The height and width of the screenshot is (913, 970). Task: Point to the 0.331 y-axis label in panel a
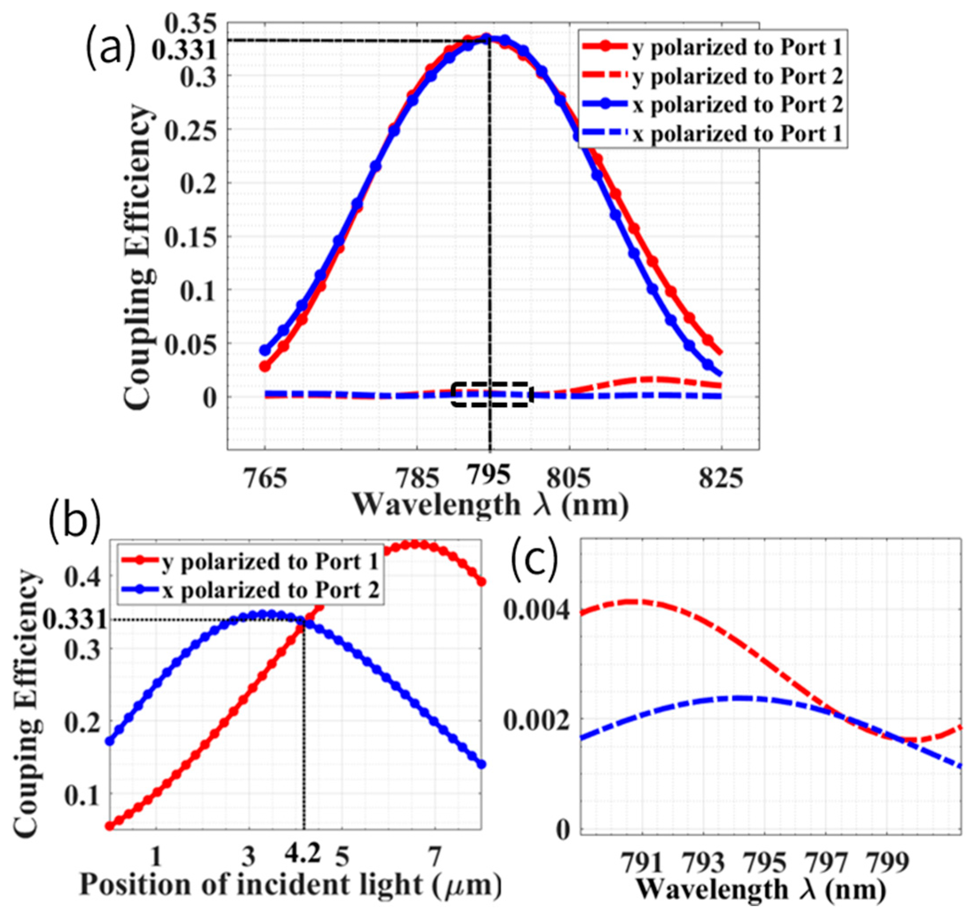pos(183,50)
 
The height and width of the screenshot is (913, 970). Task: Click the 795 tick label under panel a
pos(488,475)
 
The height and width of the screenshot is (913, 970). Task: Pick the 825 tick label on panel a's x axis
pos(721,479)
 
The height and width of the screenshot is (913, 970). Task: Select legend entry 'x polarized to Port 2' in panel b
pos(271,591)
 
